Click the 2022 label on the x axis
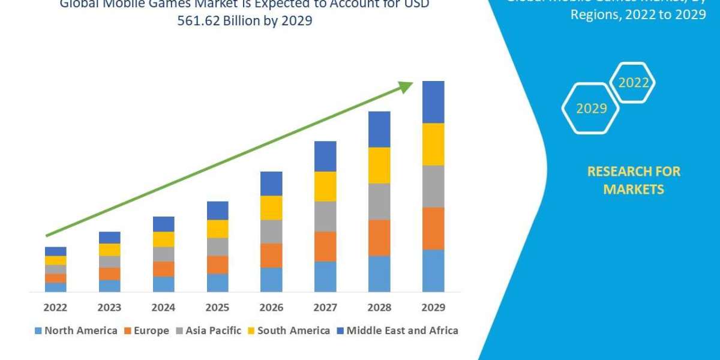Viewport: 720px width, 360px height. tap(55, 308)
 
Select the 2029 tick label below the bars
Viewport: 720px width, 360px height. tap(433, 308)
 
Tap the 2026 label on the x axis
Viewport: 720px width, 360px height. tap(271, 308)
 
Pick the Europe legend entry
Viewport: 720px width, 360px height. tap(147, 331)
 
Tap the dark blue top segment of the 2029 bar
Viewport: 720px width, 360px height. tap(433, 102)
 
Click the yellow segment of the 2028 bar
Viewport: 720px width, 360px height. tap(379, 165)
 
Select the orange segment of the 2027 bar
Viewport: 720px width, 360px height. tap(325, 246)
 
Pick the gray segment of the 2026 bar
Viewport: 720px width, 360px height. tap(271, 231)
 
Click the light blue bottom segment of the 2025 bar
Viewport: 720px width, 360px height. tap(217, 283)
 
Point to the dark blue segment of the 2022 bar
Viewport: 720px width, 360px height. tap(55, 251)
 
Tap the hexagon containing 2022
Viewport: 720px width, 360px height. tap(633, 83)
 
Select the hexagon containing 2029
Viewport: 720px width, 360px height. tap(590, 109)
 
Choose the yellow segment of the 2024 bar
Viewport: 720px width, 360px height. tap(163, 239)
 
